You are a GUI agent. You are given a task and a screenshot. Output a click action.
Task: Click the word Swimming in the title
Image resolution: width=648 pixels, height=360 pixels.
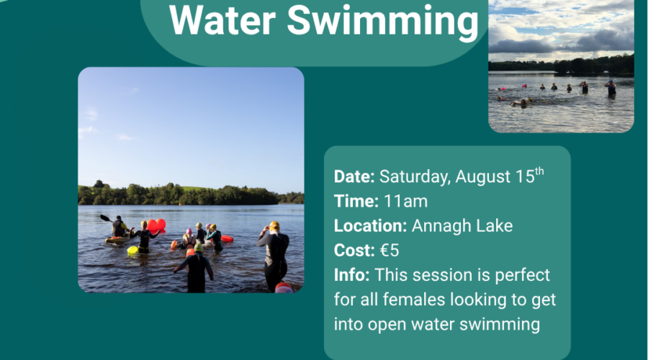point(383,21)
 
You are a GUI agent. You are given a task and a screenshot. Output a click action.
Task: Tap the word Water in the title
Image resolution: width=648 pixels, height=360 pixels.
point(222,19)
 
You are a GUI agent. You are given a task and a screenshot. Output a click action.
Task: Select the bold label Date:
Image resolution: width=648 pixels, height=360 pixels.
point(354,176)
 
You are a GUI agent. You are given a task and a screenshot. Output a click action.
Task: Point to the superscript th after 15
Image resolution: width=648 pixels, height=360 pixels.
point(539,171)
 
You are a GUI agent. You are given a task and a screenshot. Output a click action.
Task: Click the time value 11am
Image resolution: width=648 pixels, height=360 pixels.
point(406,202)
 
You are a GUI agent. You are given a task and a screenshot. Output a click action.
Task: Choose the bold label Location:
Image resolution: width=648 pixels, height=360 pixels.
point(370,225)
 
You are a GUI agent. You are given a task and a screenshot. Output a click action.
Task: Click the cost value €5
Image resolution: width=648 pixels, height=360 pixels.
point(390,251)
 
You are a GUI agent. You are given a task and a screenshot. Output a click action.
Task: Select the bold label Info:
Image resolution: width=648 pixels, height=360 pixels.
point(351,275)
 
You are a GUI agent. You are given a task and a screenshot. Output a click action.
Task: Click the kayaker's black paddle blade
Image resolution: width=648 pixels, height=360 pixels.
point(104,217)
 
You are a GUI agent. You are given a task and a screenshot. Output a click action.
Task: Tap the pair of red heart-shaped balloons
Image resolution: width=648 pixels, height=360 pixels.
point(156,225)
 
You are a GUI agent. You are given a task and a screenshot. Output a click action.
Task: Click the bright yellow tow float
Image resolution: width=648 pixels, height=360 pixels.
point(132,250)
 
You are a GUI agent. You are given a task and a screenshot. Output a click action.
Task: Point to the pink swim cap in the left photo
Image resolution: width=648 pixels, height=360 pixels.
point(189,231)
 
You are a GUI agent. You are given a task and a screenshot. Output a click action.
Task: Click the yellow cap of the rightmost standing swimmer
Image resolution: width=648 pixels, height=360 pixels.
point(274,225)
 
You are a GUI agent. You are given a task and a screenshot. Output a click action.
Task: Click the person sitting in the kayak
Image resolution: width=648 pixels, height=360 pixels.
point(119,227)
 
